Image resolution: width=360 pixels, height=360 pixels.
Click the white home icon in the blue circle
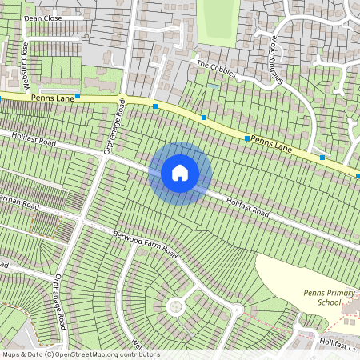coord(180,172)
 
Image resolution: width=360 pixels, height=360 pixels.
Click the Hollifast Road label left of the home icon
coord(33,140)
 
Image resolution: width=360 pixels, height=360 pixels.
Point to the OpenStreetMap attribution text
coord(81,354)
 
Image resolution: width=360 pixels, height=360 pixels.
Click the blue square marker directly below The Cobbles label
coord(204,118)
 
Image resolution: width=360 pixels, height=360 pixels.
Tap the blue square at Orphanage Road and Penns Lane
coord(155,106)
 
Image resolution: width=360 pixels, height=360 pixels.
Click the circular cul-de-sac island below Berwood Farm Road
coord(174,307)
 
